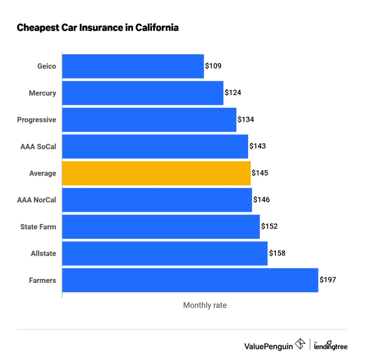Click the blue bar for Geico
click(x=133, y=66)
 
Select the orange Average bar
click(x=156, y=173)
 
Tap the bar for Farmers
click(x=190, y=280)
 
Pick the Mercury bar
click(x=142, y=93)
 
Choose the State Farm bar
click(x=161, y=227)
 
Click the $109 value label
click(x=213, y=66)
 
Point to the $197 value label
click(x=328, y=280)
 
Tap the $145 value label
click(x=260, y=173)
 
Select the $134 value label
click(x=246, y=120)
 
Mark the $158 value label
click(x=277, y=254)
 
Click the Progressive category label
click(x=36, y=120)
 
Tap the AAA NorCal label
click(x=37, y=200)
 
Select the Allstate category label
click(x=43, y=254)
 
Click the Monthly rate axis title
click(x=205, y=305)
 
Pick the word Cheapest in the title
click(x=36, y=28)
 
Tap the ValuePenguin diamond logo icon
click(x=300, y=344)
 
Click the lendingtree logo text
click(x=332, y=346)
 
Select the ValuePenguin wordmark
click(x=268, y=345)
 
